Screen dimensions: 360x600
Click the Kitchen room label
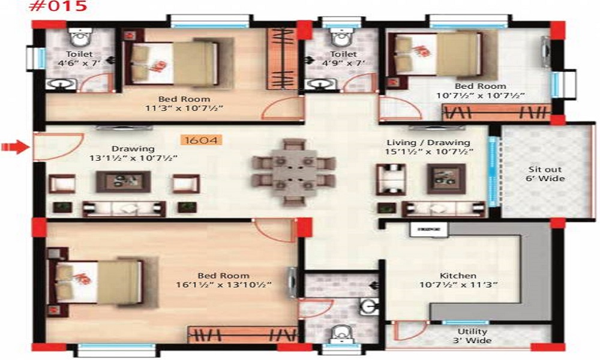point(458,276)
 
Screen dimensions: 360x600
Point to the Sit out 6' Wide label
point(546,173)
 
